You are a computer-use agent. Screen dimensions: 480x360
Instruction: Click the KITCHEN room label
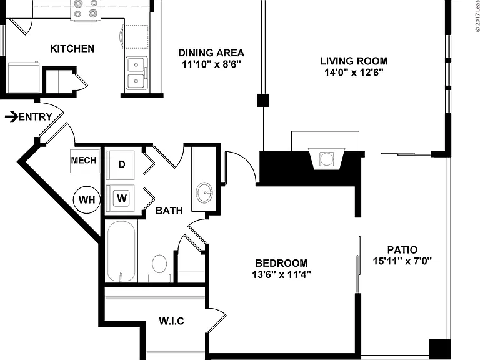(x=72, y=49)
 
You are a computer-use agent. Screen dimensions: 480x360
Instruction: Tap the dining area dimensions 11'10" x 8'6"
(x=211, y=64)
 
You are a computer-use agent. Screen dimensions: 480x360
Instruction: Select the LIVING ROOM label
(x=354, y=61)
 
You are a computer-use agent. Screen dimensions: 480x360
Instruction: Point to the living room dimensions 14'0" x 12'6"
(x=354, y=72)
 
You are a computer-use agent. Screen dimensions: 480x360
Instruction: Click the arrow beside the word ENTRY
(x=11, y=117)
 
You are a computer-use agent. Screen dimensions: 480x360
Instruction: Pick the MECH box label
(x=84, y=160)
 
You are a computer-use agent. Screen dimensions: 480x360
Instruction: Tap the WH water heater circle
(x=87, y=199)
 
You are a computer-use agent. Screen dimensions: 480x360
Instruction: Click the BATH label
(x=169, y=211)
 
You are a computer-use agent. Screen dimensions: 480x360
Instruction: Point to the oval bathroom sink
(x=204, y=193)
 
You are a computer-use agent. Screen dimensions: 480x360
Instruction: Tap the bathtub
(x=121, y=252)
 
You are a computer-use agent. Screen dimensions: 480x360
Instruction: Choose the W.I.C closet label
(x=171, y=321)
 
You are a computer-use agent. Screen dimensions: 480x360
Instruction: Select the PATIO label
(x=402, y=250)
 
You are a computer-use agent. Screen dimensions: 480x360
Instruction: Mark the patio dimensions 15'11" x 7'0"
(x=402, y=261)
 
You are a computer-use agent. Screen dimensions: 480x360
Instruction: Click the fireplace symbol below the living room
(x=326, y=159)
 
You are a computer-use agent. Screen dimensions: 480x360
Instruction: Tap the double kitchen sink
(x=136, y=74)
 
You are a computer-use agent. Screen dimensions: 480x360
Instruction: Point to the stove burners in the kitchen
(x=86, y=9)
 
